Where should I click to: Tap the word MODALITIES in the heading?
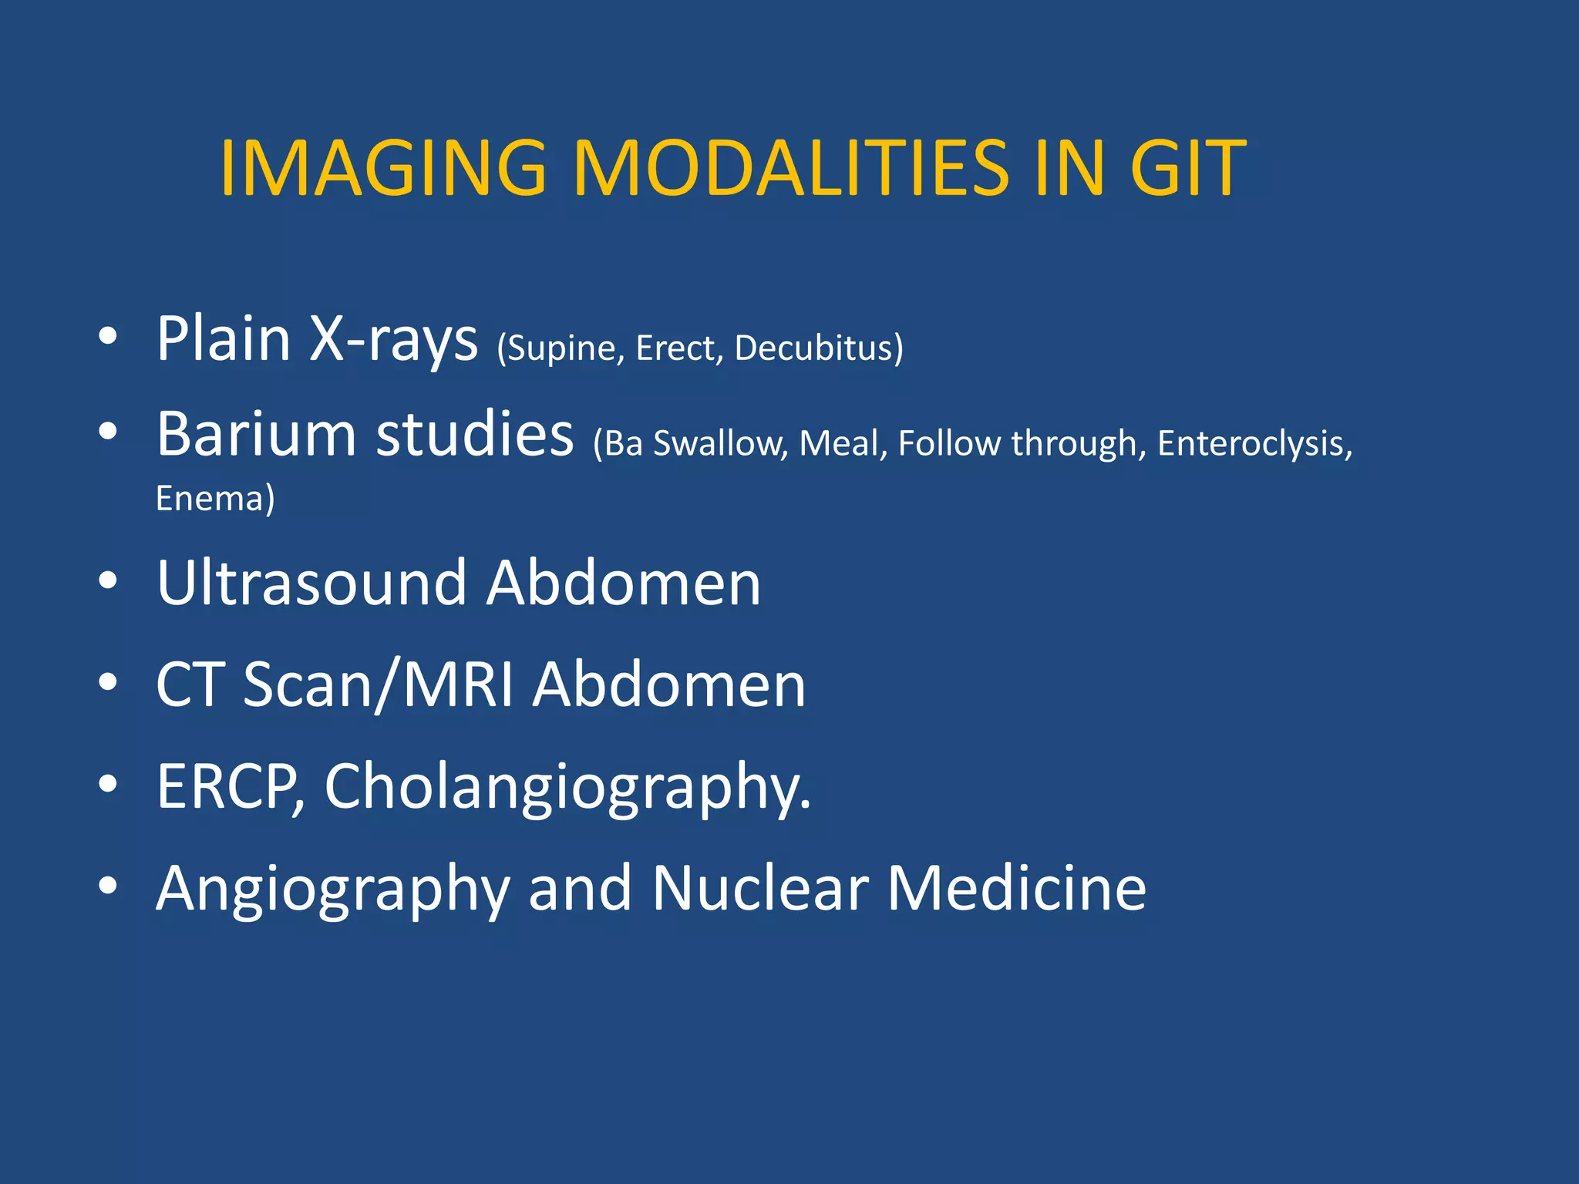pos(790,167)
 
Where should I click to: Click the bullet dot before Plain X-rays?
pos(108,336)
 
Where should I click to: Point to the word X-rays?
pos(393,339)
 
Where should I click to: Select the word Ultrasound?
pos(311,583)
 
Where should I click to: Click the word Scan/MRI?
pos(378,684)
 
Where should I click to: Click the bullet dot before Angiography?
pos(108,886)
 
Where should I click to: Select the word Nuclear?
pos(760,888)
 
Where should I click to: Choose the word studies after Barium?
pos(474,433)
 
